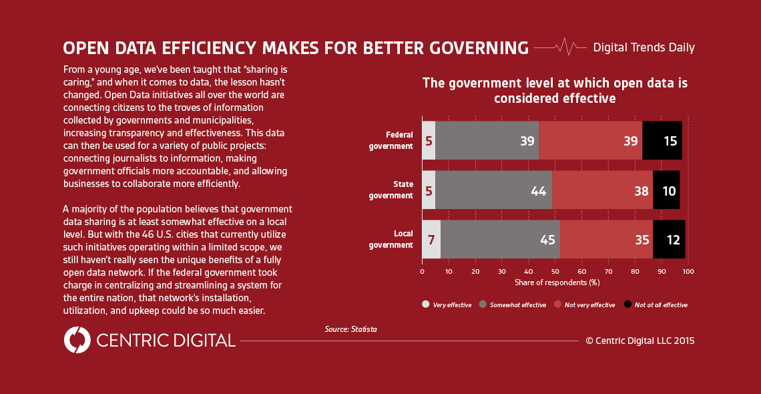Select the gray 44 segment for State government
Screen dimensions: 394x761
(x=493, y=190)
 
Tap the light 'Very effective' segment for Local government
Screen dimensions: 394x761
(x=431, y=239)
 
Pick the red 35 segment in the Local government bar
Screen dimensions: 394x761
(x=606, y=239)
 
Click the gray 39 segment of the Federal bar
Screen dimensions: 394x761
(x=487, y=140)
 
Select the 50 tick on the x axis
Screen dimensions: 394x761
(x=555, y=272)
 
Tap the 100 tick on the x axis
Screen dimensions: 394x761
(x=688, y=272)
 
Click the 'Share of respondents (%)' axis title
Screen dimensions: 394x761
(x=557, y=282)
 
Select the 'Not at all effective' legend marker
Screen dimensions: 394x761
(x=627, y=305)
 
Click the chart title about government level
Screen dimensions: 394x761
(x=555, y=90)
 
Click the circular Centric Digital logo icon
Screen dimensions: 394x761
(x=77, y=340)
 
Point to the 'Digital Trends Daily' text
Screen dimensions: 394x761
(x=644, y=47)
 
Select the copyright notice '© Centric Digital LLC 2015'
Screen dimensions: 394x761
(x=640, y=341)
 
